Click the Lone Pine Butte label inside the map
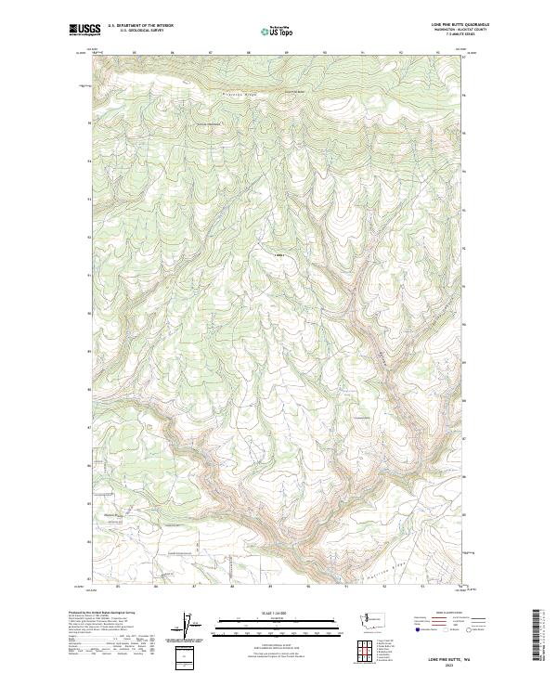click(x=278, y=254)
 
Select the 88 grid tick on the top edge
click(x=249, y=53)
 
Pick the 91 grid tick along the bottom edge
click(x=345, y=587)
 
